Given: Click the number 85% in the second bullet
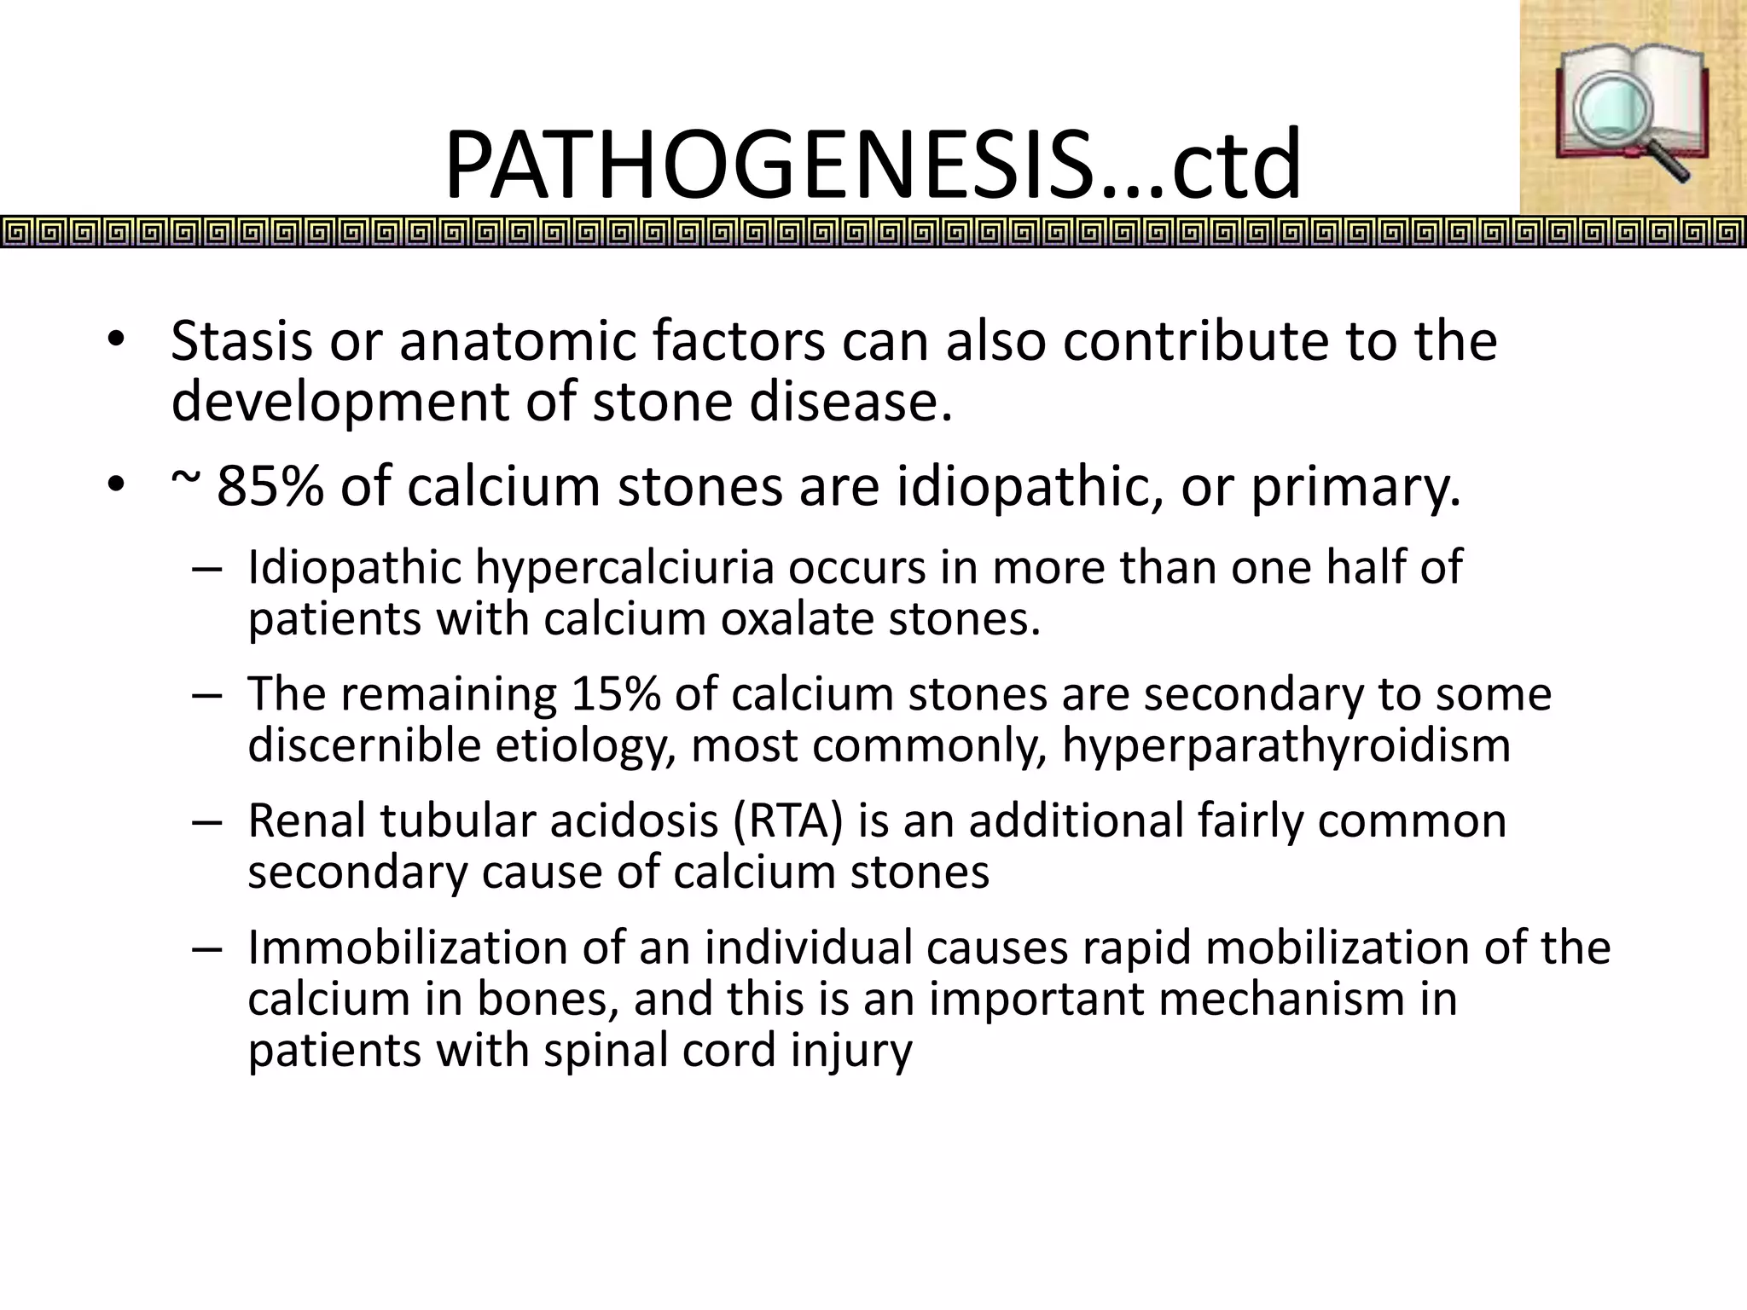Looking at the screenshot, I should pyautogui.click(x=270, y=487).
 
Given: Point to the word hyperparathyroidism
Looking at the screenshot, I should pyautogui.click(x=1286, y=745).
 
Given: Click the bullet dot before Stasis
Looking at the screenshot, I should pyautogui.click(x=116, y=341).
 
